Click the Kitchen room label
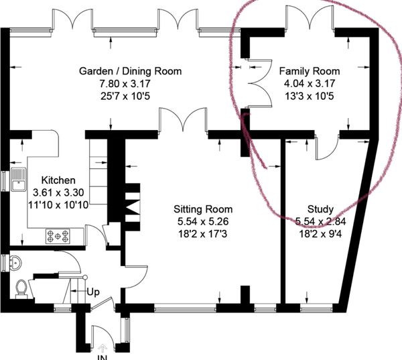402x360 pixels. (x=58, y=180)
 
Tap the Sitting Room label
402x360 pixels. (x=203, y=209)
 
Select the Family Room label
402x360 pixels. (x=310, y=71)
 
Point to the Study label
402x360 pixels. (x=320, y=209)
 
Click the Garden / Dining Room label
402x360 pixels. (x=130, y=71)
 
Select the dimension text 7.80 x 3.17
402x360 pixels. (x=125, y=84)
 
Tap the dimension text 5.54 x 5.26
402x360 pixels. (x=203, y=221)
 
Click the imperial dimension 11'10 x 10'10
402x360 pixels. (x=58, y=205)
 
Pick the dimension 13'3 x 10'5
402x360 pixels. (x=310, y=97)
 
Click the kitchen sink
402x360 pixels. (x=19, y=180)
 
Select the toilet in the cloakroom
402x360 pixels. (x=21, y=289)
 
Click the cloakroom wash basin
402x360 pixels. (x=15, y=263)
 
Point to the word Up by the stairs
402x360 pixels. (x=93, y=292)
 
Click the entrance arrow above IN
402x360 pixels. (x=103, y=348)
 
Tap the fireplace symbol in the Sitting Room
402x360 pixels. (x=133, y=206)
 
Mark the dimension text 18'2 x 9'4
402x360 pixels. (x=320, y=234)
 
